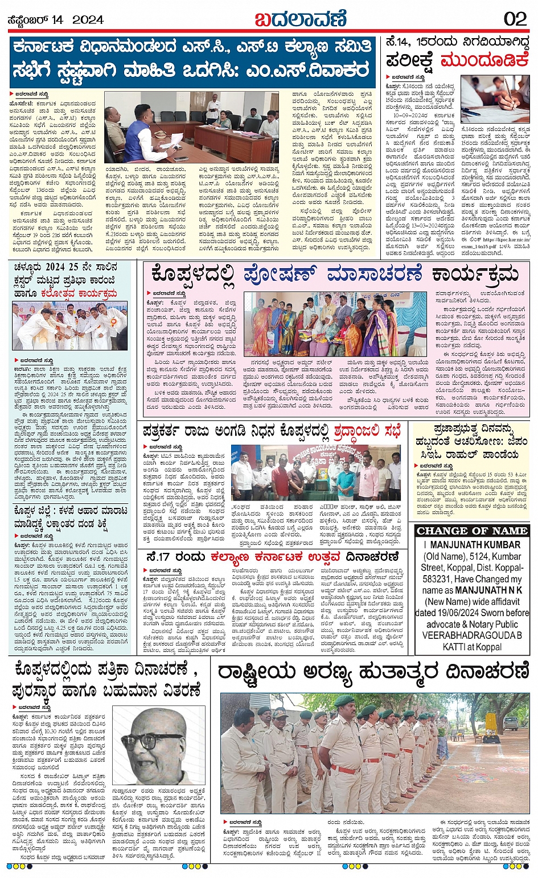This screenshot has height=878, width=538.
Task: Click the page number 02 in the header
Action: pos(515,19)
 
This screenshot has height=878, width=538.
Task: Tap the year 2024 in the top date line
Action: pos(88,19)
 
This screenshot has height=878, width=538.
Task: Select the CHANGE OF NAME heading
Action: pos(472,531)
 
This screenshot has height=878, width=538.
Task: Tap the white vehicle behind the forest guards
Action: pos(510,723)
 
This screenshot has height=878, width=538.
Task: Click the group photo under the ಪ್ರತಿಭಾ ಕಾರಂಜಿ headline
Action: pos(69,326)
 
